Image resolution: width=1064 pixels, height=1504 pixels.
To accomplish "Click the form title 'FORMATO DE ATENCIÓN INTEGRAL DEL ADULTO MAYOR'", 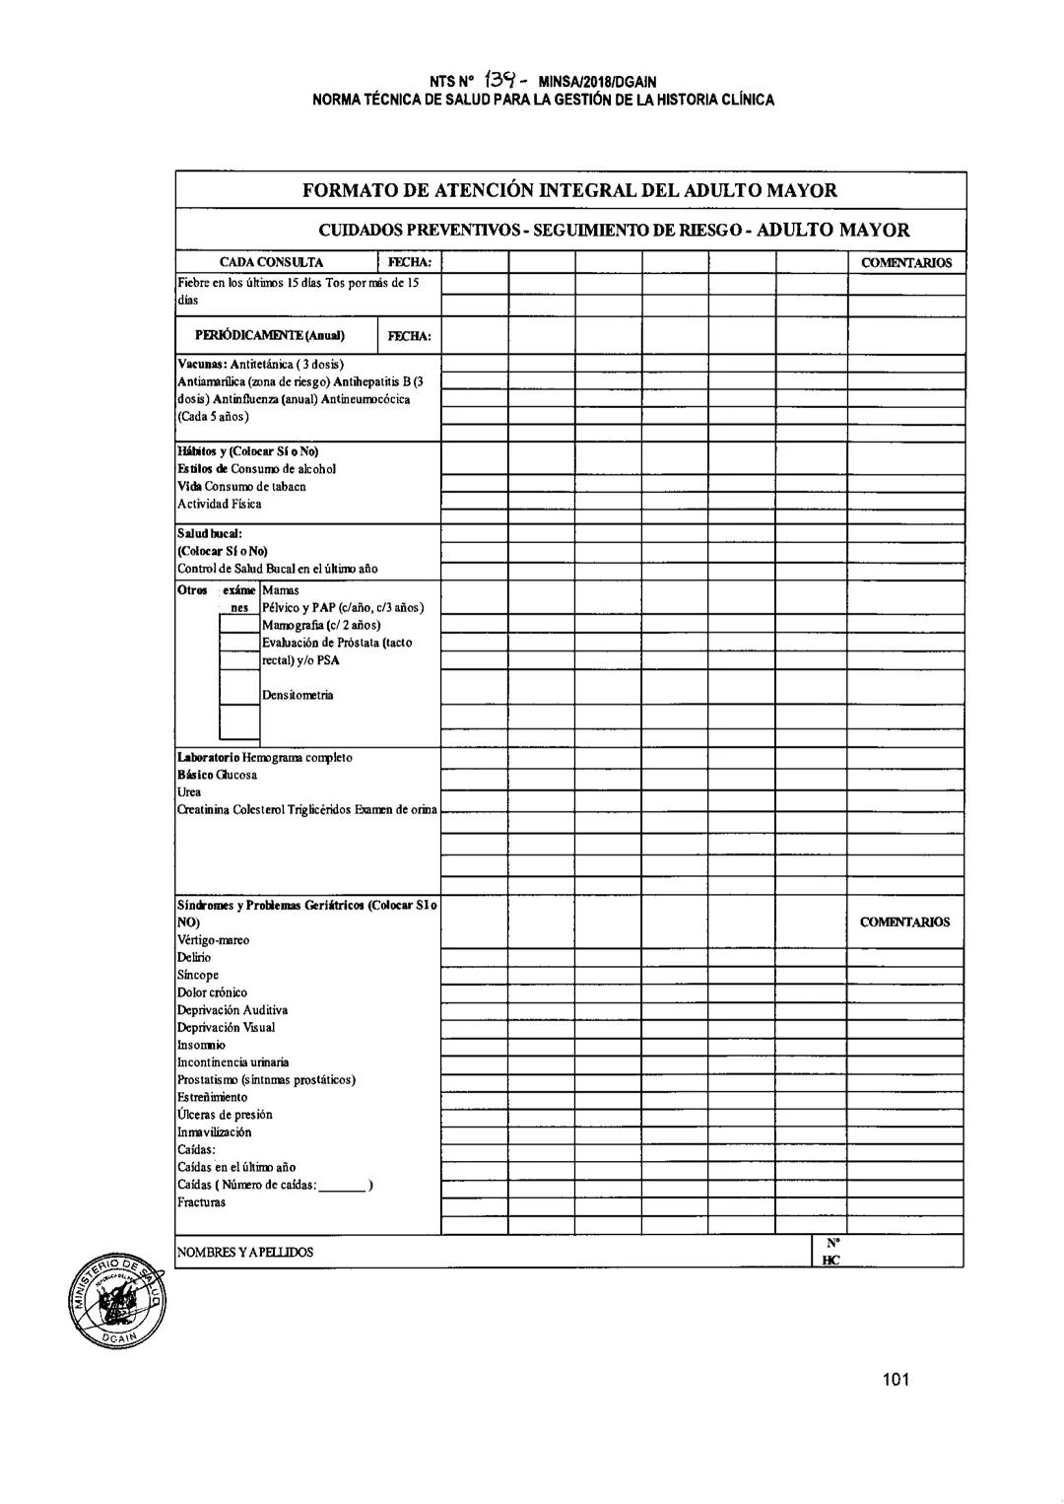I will coord(569,191).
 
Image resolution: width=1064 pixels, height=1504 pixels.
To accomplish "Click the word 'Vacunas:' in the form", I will coord(202,365).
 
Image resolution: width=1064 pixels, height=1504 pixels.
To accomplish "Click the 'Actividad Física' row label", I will coord(220,505).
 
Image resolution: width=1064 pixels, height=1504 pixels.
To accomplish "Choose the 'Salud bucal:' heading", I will coord(203,533).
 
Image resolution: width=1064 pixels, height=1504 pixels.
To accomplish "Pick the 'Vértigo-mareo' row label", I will coord(213,940).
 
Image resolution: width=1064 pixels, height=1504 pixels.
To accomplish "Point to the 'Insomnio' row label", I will coord(201,1045).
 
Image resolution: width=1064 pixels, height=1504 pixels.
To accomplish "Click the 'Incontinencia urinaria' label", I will coord(233,1062).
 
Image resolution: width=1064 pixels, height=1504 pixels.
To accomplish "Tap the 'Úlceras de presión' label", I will coord(225,1115).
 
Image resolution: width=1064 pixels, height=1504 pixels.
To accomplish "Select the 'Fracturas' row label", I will coord(201,1202).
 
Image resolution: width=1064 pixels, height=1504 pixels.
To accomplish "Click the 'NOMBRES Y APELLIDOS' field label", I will coord(245,1253).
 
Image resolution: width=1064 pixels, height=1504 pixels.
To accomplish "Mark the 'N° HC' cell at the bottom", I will coord(831,1252).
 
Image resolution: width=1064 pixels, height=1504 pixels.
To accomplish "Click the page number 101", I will coord(896,1379).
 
